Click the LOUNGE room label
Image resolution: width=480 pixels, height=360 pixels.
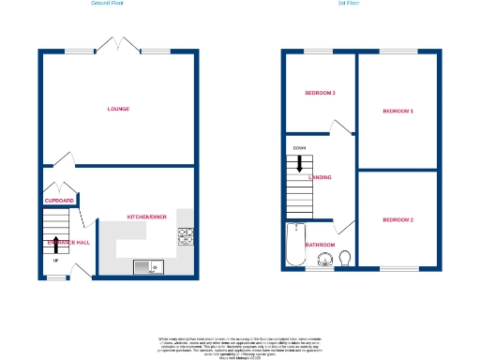pos(117,109)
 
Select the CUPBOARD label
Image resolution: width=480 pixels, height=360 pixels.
pos(59,201)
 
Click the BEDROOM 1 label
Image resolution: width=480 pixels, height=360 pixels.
pos(397,112)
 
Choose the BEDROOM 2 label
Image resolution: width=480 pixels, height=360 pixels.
pos(397,219)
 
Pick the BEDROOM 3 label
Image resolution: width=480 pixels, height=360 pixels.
pos(320,94)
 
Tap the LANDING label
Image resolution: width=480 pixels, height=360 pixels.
pos(320,176)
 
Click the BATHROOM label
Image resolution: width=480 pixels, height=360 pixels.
pos(320,245)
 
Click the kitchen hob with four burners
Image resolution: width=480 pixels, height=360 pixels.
pos(186,235)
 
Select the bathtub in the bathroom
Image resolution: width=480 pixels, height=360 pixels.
pos(292,246)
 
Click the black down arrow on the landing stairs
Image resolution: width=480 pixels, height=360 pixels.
pos(299,163)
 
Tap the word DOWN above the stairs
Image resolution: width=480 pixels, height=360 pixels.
pos(299,148)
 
